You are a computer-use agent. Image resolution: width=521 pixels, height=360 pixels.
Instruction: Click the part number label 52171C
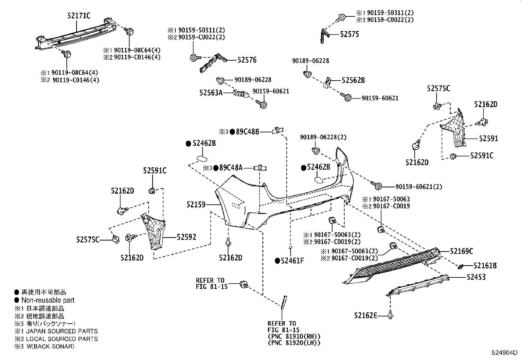coord(79,15)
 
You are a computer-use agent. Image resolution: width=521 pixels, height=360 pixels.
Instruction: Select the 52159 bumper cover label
coord(196,205)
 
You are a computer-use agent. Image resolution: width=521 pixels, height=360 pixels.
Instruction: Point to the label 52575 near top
coord(349,34)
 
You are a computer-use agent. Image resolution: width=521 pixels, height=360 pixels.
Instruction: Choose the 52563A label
coord(211,93)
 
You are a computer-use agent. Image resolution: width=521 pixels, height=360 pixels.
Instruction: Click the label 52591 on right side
coord(488,139)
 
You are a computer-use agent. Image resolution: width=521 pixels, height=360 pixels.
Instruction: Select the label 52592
coord(187,237)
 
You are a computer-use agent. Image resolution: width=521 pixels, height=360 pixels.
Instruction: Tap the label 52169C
coord(461,251)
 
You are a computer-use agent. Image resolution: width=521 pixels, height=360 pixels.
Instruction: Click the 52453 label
coord(476,277)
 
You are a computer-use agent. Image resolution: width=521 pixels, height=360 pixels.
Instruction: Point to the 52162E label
coord(366,315)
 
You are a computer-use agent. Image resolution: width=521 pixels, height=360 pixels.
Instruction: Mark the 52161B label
coord(485,266)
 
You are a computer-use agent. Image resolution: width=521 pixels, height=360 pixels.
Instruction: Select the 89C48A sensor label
coord(231,168)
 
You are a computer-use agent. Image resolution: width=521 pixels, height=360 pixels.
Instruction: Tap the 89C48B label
coord(247,132)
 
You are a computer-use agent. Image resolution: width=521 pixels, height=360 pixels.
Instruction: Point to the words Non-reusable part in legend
coord(48,300)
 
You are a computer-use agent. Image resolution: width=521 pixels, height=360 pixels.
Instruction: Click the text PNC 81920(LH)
coord(294,343)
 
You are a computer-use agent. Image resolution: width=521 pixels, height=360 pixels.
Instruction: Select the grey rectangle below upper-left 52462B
coord(202,159)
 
